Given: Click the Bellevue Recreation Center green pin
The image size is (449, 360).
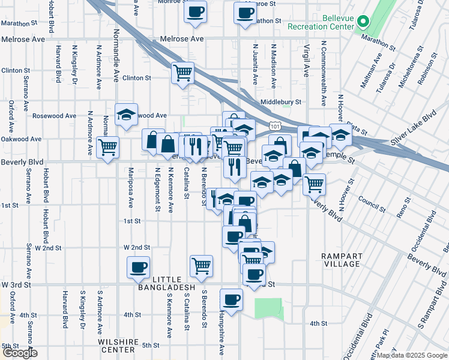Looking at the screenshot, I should pyautogui.click(x=363, y=23).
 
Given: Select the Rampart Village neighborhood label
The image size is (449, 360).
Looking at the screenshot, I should pyautogui.click(x=341, y=260).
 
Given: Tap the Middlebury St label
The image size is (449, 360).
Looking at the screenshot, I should pyautogui.click(x=281, y=103).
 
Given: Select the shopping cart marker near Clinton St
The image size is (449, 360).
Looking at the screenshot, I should pyautogui.click(x=182, y=74).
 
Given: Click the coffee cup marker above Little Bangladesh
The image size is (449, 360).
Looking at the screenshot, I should pyautogui.click(x=139, y=267).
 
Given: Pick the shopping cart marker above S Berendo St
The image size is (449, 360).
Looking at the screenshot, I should pyautogui.click(x=201, y=265).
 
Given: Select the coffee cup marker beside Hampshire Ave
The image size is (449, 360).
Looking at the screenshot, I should pyautogui.click(x=231, y=299).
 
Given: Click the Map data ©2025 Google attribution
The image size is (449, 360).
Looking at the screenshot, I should pyautogui.click(x=412, y=355).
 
